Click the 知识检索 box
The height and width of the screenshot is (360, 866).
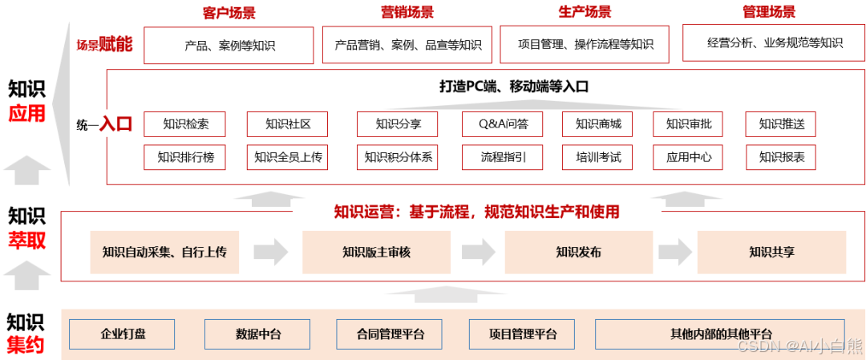185,124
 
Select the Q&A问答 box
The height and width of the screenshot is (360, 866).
503,124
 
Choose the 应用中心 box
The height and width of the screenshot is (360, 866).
689,156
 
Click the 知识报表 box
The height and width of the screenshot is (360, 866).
780,156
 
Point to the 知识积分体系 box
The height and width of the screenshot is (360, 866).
398,156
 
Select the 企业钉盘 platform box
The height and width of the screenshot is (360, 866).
123,334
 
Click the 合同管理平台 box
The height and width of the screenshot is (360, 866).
391,334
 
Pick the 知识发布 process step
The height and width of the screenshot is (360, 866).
578,252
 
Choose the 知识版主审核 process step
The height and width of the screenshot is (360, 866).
376,252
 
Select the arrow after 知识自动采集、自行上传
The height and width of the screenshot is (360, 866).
271,252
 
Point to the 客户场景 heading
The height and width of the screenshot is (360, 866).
229,13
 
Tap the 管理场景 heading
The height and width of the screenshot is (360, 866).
769,12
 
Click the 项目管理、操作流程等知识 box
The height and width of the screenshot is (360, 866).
585,45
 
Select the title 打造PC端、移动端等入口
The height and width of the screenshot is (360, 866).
513,87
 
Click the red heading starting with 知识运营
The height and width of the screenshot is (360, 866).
476,212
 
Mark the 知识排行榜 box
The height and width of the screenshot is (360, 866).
185,156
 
